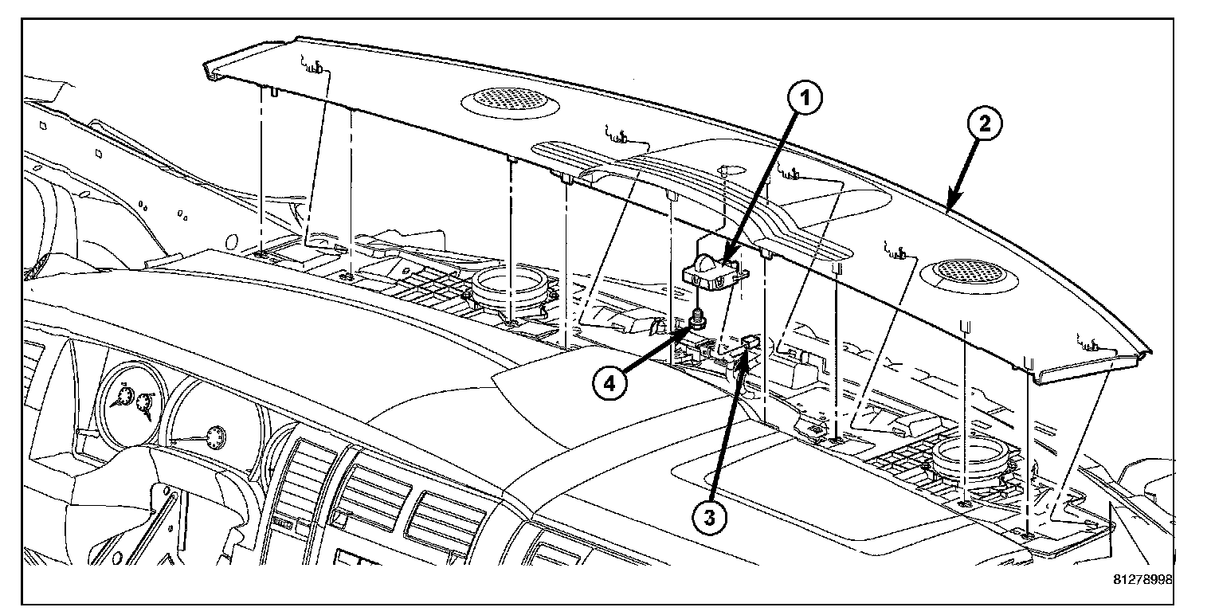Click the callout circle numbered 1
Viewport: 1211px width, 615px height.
coord(806,99)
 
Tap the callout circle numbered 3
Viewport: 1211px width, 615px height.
coord(709,517)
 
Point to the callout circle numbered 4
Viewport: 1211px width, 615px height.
coord(609,382)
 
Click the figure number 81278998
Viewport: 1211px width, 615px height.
coord(1142,580)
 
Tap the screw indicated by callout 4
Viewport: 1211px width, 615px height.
coord(698,320)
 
